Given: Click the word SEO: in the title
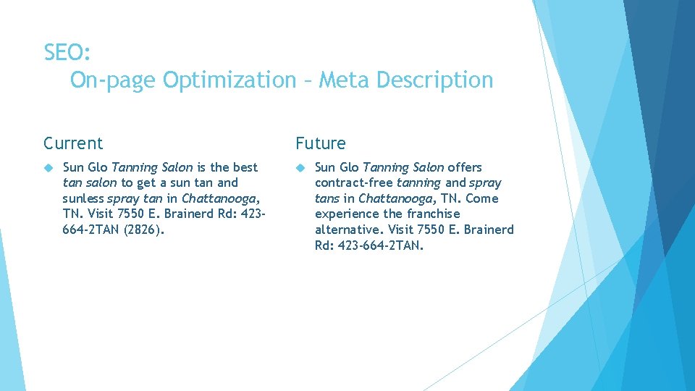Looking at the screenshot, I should click(x=67, y=52).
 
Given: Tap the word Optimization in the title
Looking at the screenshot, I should click(x=229, y=80).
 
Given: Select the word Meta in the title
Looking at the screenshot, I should click(x=342, y=80).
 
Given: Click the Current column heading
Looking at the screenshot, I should click(x=73, y=143).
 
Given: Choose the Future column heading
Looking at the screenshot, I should click(x=320, y=143).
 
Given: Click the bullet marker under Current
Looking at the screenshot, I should click(x=49, y=167).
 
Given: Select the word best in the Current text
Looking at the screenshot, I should click(x=245, y=167).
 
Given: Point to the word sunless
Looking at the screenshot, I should click(x=83, y=198).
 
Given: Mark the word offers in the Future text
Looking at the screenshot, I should click(x=465, y=167).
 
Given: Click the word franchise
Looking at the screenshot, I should click(x=433, y=214).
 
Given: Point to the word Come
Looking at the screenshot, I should click(x=483, y=198).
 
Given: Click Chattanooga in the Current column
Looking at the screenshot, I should click(x=219, y=198).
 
